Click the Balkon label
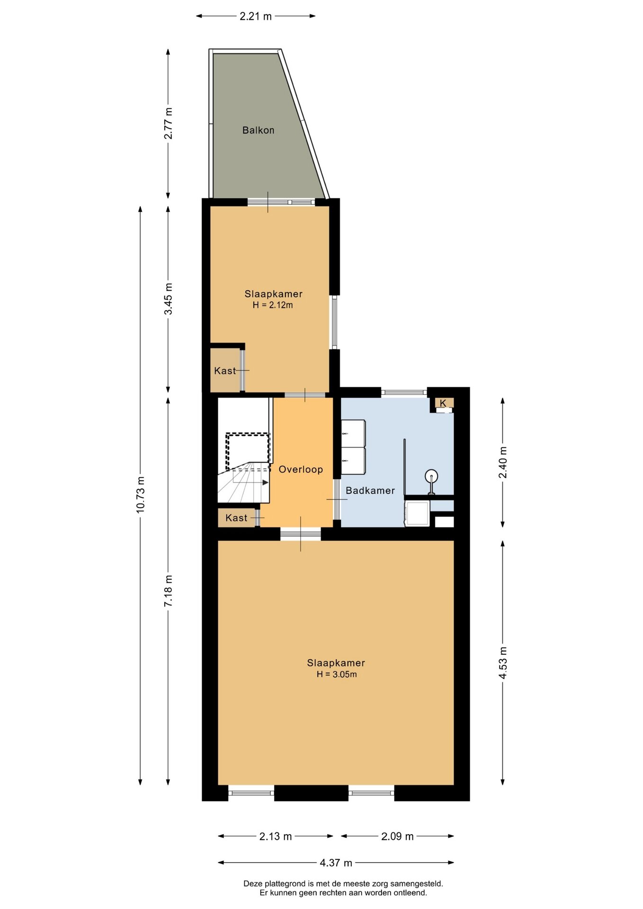[258, 130]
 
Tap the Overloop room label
[301, 469]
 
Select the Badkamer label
[370, 490]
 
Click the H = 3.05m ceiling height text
[337, 674]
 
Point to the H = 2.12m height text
[273, 305]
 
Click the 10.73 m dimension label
[141, 495]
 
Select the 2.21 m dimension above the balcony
[256, 16]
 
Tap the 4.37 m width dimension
[336, 863]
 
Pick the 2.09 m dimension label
[397, 836]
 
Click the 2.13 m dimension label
[275, 836]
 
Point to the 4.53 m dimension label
[503, 663]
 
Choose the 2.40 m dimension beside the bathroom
[503, 462]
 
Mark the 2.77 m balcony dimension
[169, 124]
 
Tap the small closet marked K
[443, 403]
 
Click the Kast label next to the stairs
[236, 518]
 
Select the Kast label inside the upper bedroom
[225, 371]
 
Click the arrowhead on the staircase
[266, 482]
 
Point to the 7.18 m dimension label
[169, 591]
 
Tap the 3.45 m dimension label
[169, 299]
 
